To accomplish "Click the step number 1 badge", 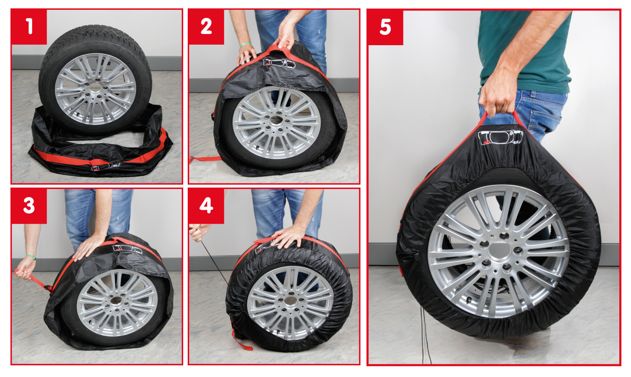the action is click(x=29, y=26).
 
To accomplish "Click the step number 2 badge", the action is click(x=206, y=26).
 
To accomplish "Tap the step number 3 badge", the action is click(x=29, y=206).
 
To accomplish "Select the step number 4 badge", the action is click(x=206, y=206).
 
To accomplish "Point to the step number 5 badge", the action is click(x=385, y=27).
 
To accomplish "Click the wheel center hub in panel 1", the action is click(x=95, y=88).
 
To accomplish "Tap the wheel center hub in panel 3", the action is click(x=116, y=301).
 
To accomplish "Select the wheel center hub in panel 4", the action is click(x=290, y=301).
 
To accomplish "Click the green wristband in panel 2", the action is click(x=245, y=44).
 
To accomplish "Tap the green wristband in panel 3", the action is click(x=31, y=257).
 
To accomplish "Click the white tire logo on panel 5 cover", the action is click(x=500, y=137).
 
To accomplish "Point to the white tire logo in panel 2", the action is click(x=279, y=63).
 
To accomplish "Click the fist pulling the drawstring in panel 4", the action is click(x=199, y=232).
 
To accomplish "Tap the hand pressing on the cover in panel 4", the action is click(x=288, y=237).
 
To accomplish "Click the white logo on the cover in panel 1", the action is click(x=105, y=166).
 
